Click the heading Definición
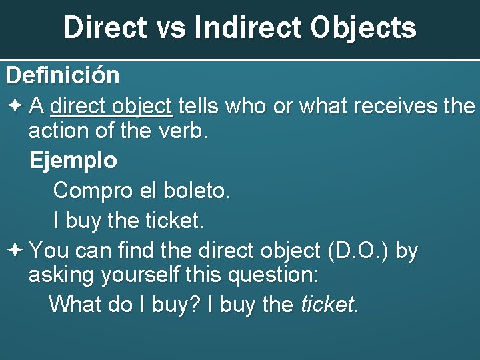coord(63,75)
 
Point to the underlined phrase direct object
coord(111,106)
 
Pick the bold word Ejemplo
coord(73,161)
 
